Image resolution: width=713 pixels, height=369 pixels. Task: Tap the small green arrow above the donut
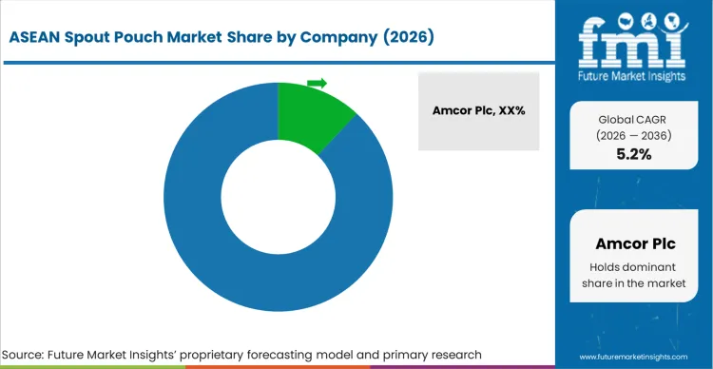318,83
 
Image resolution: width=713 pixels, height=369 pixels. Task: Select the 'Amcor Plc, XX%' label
478,111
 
